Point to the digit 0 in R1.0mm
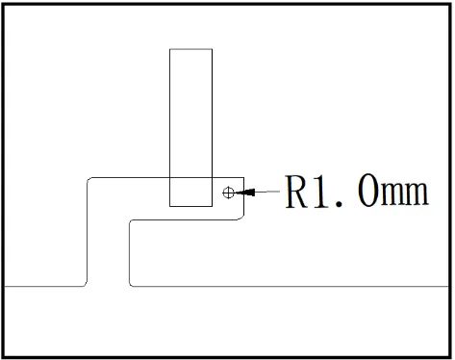[x=368, y=191]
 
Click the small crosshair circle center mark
[x=228, y=193]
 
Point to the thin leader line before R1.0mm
[x=267, y=192]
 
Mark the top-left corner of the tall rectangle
[x=169, y=49]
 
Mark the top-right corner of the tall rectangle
[x=212, y=49]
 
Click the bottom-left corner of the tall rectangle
[x=169, y=206]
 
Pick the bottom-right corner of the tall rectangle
[x=212, y=206]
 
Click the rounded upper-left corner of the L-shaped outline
[x=88, y=179]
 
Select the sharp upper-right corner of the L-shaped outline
[x=244, y=177]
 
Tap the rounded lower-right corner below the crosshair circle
[x=242, y=218]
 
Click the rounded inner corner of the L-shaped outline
[x=131, y=221]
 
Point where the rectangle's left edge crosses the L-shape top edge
[x=169, y=177]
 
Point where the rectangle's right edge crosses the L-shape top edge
[x=212, y=177]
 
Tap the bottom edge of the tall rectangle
[x=190, y=206]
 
